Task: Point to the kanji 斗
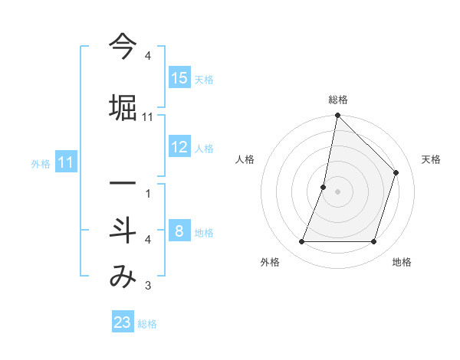tap(123, 231)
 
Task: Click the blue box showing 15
tap(179, 78)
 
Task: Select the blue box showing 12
tap(179, 147)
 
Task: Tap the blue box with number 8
tap(179, 231)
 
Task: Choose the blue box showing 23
tap(123, 322)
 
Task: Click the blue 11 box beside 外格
tap(65, 162)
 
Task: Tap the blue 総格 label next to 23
tap(147, 324)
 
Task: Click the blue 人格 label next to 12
tap(204, 149)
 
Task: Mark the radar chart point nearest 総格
tap(337, 116)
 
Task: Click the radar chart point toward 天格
tap(396, 172)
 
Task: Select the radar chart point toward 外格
tap(301, 242)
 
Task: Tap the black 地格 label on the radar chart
tap(402, 263)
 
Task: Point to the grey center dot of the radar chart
tap(337, 191)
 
